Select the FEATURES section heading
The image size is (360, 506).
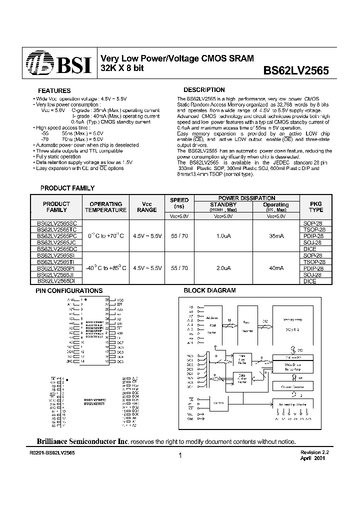coord(54,91)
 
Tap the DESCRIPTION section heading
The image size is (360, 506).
coord(204,90)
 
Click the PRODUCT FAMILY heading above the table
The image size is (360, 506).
coord(67,188)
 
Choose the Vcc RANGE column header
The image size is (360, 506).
coord(146,207)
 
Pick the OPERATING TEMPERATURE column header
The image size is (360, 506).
coord(105,207)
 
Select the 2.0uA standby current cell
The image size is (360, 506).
coord(223,268)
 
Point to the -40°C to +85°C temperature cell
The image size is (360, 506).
coord(105,268)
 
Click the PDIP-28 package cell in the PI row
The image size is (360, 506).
coord(313,268)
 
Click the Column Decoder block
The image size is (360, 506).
coord(293,386)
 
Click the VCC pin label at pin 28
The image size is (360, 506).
coord(119,299)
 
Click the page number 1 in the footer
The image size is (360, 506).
coord(179,456)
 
